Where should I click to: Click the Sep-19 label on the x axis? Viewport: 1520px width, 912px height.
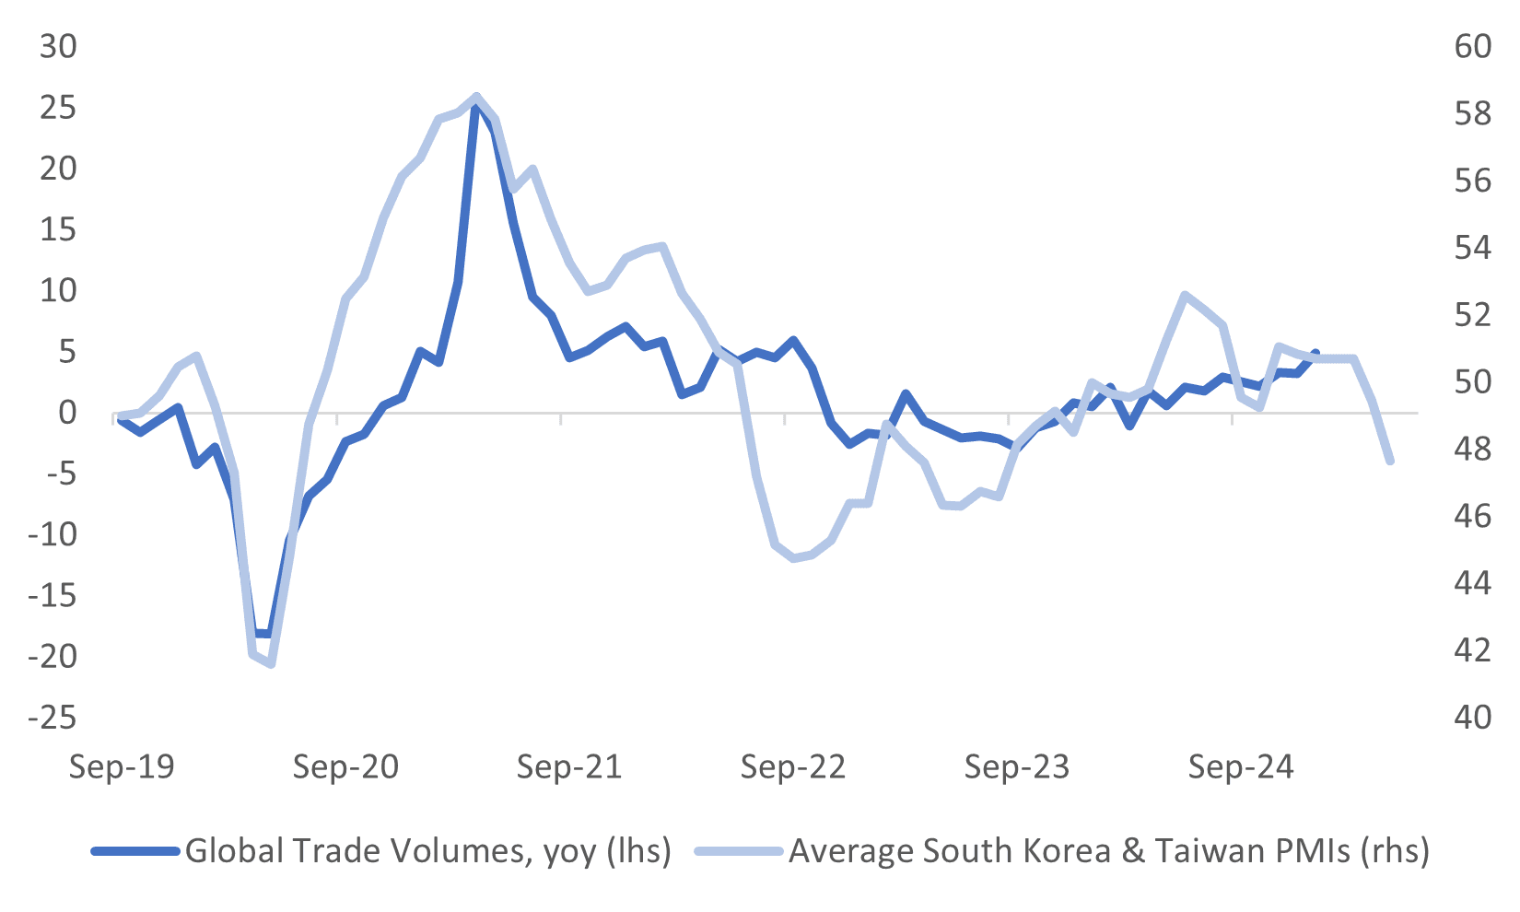coord(122,766)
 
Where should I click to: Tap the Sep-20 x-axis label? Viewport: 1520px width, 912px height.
coord(345,766)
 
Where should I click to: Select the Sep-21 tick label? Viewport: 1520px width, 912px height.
coord(569,766)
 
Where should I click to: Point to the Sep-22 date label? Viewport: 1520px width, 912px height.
coord(793,766)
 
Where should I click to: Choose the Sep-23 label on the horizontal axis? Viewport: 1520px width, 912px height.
coord(1017,766)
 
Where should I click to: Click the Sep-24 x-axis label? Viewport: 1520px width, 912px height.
coord(1241,766)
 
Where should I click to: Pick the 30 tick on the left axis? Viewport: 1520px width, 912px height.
coord(58,46)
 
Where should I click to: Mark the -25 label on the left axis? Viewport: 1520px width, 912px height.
coord(52,717)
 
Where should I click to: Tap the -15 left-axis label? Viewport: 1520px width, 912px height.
coord(52,595)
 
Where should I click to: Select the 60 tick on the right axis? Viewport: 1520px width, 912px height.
coord(1472,46)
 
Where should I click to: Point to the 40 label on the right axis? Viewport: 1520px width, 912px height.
coord(1472,717)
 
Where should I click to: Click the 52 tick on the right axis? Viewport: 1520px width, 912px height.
coord(1472,314)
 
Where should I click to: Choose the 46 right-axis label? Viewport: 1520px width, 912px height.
coord(1472,516)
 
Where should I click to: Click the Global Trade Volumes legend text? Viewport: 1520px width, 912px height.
coord(427,850)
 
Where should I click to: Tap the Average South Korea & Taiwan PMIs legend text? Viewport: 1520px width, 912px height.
coord(1109,850)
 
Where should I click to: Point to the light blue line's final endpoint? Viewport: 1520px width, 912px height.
coord(1390,461)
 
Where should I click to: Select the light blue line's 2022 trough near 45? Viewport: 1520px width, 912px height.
coord(793,558)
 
